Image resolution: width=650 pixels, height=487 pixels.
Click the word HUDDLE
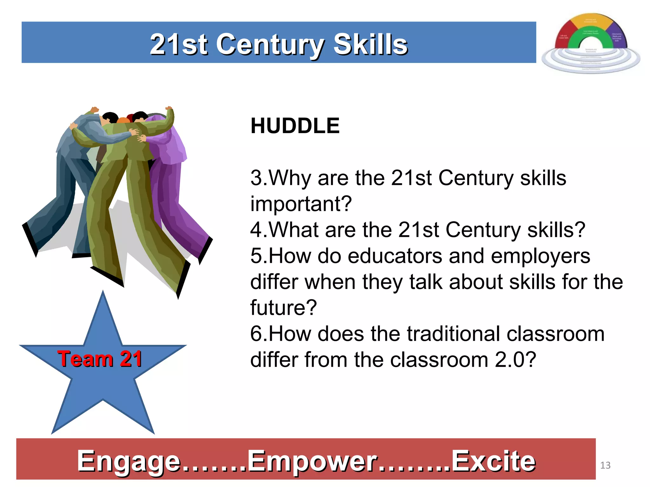point(295,126)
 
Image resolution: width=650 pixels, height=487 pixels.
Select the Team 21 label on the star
point(100,359)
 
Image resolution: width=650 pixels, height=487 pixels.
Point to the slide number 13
point(605,465)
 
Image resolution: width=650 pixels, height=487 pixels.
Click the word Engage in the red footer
point(129,461)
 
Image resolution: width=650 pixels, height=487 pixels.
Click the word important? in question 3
point(301,204)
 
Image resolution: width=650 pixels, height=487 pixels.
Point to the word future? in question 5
point(283,308)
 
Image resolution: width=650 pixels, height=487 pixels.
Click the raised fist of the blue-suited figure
point(94,110)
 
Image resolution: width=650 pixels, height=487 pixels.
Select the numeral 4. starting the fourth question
point(259,230)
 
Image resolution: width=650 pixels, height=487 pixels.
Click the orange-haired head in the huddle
point(123,120)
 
